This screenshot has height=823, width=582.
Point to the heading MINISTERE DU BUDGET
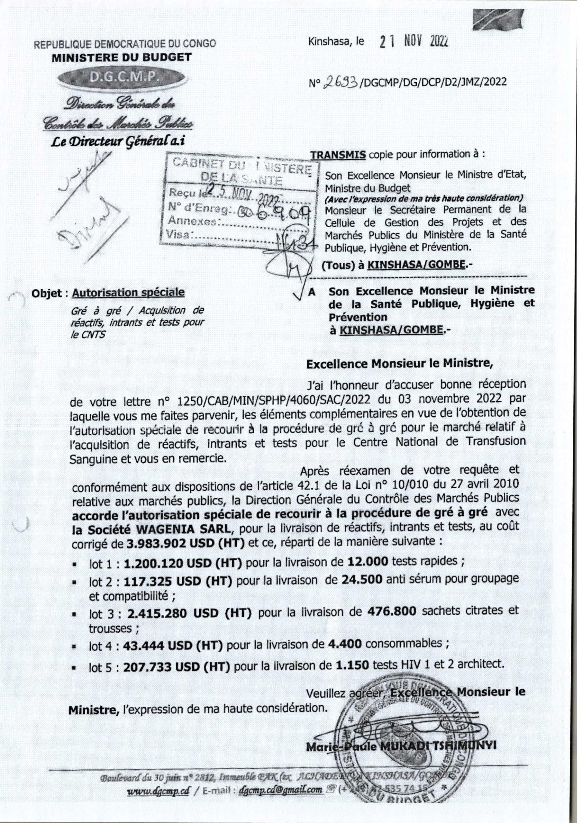pos(122,57)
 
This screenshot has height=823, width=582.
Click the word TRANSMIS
pos(338,155)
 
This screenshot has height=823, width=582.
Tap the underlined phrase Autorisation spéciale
pos(128,293)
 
